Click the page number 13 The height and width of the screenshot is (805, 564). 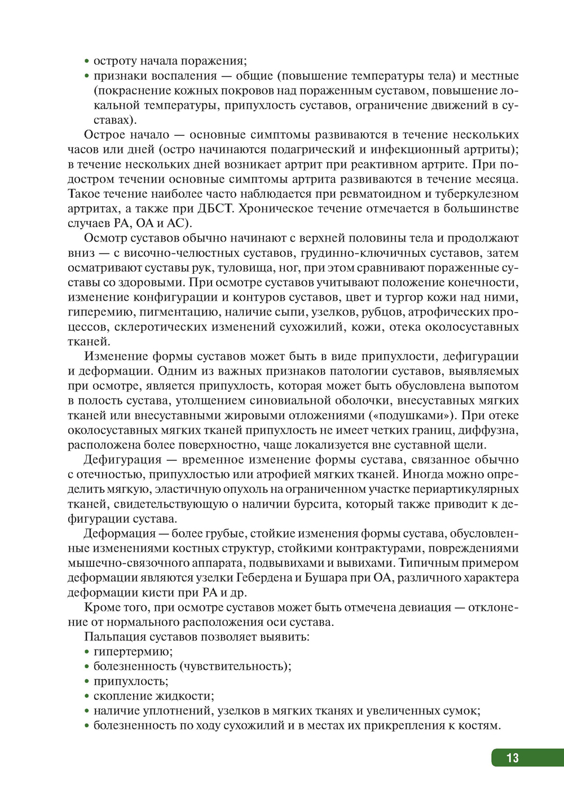point(512,758)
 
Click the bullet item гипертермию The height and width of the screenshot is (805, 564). point(133,651)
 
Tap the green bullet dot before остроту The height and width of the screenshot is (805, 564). point(87,61)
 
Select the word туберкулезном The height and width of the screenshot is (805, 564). point(477,194)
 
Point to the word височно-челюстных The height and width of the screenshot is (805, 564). point(179,253)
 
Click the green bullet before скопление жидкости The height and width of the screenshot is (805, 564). point(87,696)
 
